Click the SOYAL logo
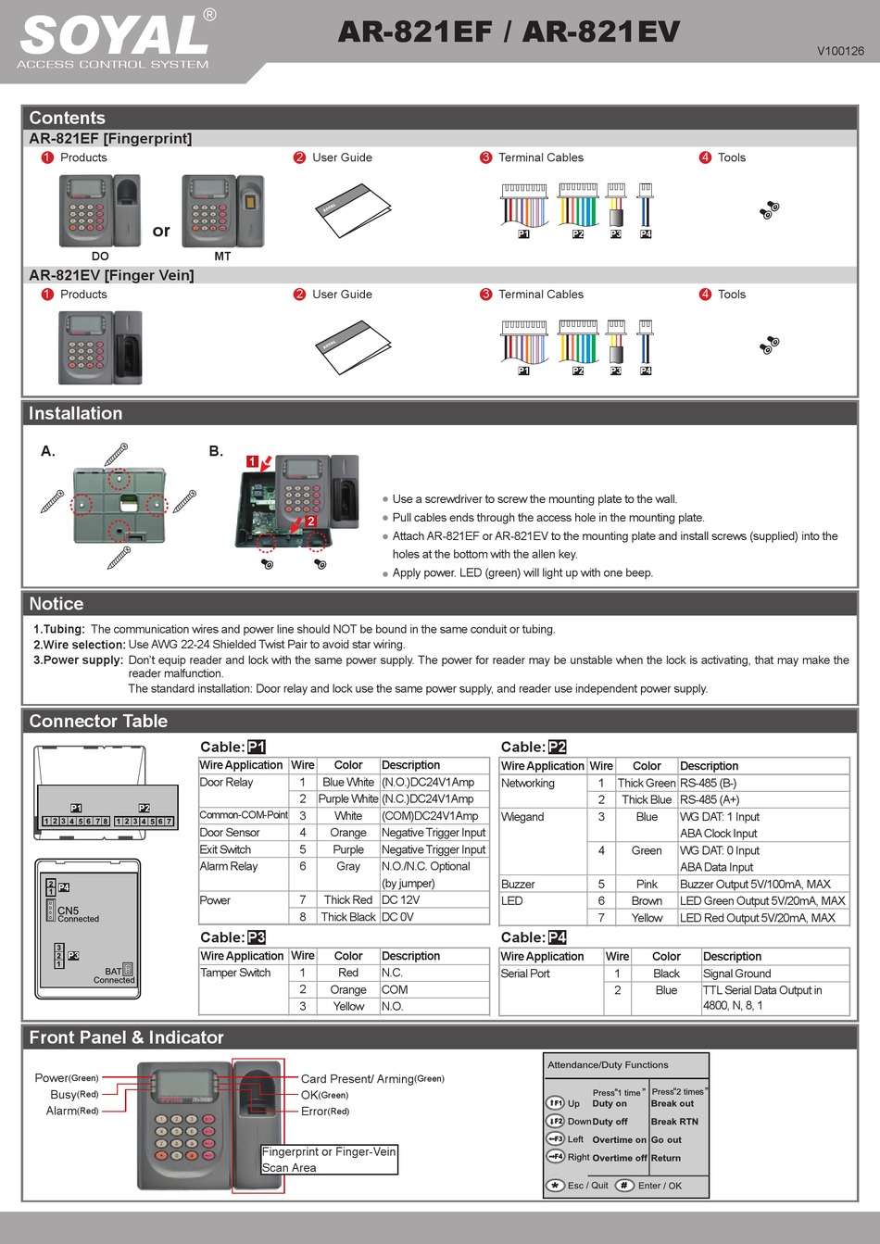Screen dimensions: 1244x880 [x=115, y=37]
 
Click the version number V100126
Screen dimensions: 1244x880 [x=839, y=51]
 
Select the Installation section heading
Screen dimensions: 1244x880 [x=75, y=413]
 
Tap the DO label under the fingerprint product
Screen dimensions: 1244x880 [x=100, y=256]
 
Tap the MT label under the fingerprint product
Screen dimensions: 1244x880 [x=222, y=256]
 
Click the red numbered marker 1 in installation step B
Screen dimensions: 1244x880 [x=252, y=461]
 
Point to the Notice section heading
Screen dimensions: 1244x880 [x=56, y=604]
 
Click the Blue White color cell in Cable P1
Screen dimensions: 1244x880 [x=348, y=782]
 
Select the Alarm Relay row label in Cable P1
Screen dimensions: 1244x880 [x=229, y=866]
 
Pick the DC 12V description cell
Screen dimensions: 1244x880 [x=401, y=899]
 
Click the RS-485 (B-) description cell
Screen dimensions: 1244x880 [x=709, y=783]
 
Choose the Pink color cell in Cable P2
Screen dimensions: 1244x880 [x=647, y=884]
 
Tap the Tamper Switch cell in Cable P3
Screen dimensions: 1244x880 [x=235, y=973]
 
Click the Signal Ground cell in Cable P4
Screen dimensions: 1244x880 [x=736, y=974]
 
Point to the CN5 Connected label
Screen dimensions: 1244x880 [x=77, y=914]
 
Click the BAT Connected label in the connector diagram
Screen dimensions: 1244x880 [x=114, y=975]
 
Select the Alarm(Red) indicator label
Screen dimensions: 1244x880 [x=72, y=1111]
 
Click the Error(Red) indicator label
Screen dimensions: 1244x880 [x=325, y=1111]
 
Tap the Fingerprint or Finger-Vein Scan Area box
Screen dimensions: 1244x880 [x=329, y=1160]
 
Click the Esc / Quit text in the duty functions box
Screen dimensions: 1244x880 [x=587, y=1185]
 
